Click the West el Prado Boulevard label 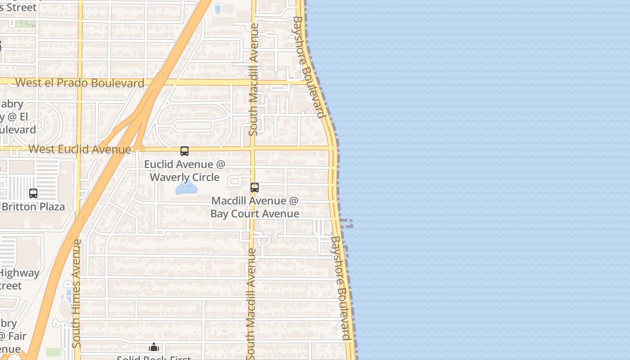[80, 83]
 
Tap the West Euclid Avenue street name [80, 149]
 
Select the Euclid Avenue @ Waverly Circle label [184, 171]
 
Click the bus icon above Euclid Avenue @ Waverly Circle [184, 151]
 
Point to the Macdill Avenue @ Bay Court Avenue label [255, 207]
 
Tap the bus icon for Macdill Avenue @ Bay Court [255, 187]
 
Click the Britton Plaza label [33, 207]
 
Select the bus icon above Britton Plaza [33, 193]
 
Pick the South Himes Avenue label [76, 292]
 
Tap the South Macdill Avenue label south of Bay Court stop [251, 304]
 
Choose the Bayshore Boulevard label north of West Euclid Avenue [309, 67]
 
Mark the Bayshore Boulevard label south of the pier [340, 288]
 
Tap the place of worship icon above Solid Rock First [154, 347]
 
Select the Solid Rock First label [154, 358]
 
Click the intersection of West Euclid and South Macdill [253, 148]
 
